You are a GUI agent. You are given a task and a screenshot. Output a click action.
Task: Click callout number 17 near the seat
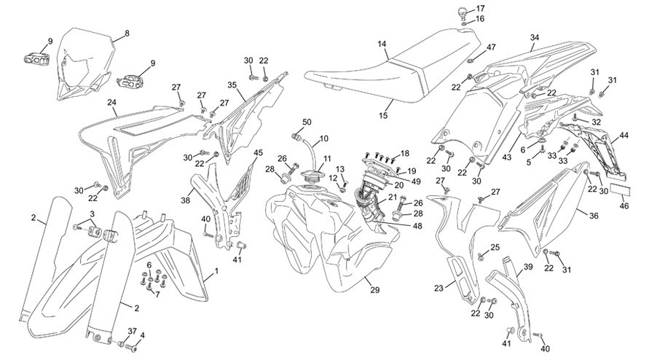click(480, 8)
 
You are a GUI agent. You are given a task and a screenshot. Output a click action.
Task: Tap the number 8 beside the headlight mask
click(127, 33)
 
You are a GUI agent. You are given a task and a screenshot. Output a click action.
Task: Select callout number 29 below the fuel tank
click(375, 290)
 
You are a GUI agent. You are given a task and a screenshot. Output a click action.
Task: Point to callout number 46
click(624, 206)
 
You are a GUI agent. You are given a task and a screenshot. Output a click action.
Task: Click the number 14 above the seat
click(382, 43)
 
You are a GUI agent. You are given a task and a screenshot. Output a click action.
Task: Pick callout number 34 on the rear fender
click(535, 37)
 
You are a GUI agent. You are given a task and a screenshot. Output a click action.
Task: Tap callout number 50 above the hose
click(307, 122)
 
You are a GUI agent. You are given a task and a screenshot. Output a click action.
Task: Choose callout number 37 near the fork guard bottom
click(132, 331)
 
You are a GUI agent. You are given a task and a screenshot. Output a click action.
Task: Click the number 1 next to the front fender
click(216, 271)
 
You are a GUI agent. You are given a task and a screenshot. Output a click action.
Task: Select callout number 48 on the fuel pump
click(417, 226)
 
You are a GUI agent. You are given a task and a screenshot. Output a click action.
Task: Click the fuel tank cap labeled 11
click(312, 177)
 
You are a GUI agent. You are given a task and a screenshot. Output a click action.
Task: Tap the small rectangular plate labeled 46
click(621, 189)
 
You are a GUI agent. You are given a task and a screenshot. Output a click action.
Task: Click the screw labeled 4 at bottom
click(132, 349)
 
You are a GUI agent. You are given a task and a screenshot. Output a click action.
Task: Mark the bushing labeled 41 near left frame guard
click(241, 246)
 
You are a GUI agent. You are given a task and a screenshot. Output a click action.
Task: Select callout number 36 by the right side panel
click(594, 216)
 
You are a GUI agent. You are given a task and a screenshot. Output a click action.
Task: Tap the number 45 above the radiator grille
click(258, 152)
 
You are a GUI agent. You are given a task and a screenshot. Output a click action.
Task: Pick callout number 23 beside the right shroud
click(439, 288)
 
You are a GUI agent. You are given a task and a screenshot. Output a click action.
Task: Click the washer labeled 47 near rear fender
click(471, 61)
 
